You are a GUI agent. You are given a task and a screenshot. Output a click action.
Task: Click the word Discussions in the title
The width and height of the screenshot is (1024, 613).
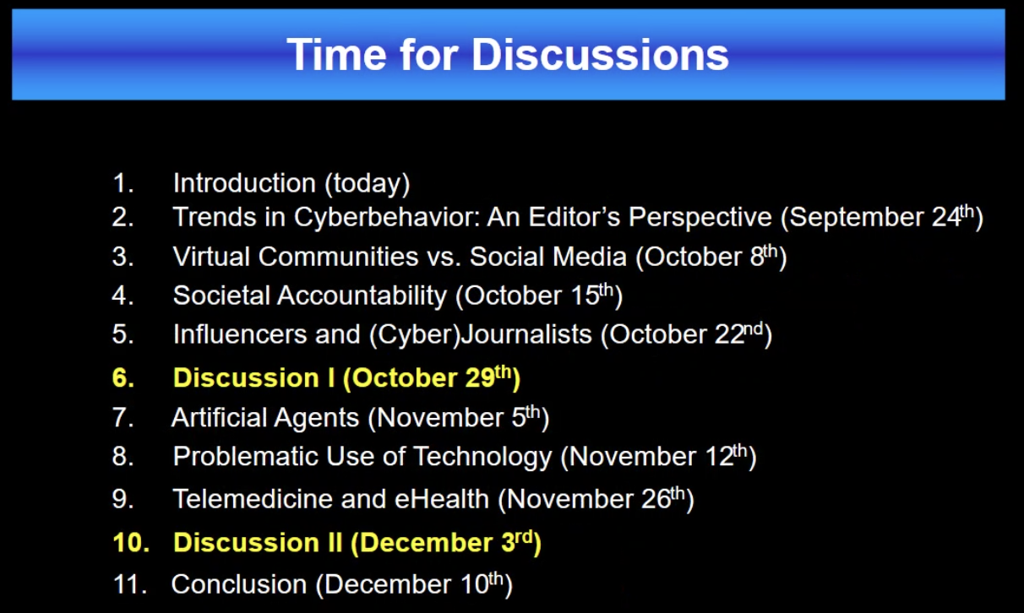pos(600,54)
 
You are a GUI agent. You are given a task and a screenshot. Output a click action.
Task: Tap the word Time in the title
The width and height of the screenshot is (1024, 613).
pos(336,54)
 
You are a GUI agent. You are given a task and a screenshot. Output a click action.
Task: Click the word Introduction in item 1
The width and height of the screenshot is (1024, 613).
pos(244,183)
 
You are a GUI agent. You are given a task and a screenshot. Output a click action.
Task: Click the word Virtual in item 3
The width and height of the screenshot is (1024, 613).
pos(212,256)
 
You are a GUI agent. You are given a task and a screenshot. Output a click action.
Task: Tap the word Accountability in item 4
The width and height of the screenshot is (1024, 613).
pos(362,296)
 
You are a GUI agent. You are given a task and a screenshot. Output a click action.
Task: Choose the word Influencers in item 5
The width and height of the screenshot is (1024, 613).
pos(240,334)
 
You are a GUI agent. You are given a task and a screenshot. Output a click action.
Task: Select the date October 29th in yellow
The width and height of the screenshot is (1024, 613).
pos(432,377)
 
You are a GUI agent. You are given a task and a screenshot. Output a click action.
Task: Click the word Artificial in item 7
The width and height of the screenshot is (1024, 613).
pos(219,417)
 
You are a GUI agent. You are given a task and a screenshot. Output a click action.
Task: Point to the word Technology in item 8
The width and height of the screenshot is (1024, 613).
pos(482,457)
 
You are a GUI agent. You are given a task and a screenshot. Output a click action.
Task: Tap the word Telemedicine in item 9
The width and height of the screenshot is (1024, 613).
pos(253,499)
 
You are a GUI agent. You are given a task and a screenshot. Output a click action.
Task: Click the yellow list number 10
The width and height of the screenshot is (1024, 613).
pos(131,543)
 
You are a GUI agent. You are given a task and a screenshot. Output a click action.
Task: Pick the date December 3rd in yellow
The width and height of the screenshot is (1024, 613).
pos(446,543)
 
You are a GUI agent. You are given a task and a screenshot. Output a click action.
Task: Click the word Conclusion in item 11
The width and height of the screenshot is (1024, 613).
pos(238,584)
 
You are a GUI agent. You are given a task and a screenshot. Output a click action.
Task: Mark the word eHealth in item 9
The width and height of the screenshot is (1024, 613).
pos(442,499)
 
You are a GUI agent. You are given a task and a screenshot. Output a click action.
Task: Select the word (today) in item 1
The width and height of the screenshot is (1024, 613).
pos(367,183)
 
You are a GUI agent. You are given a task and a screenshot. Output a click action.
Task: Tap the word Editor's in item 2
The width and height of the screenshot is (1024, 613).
pos(575,217)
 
